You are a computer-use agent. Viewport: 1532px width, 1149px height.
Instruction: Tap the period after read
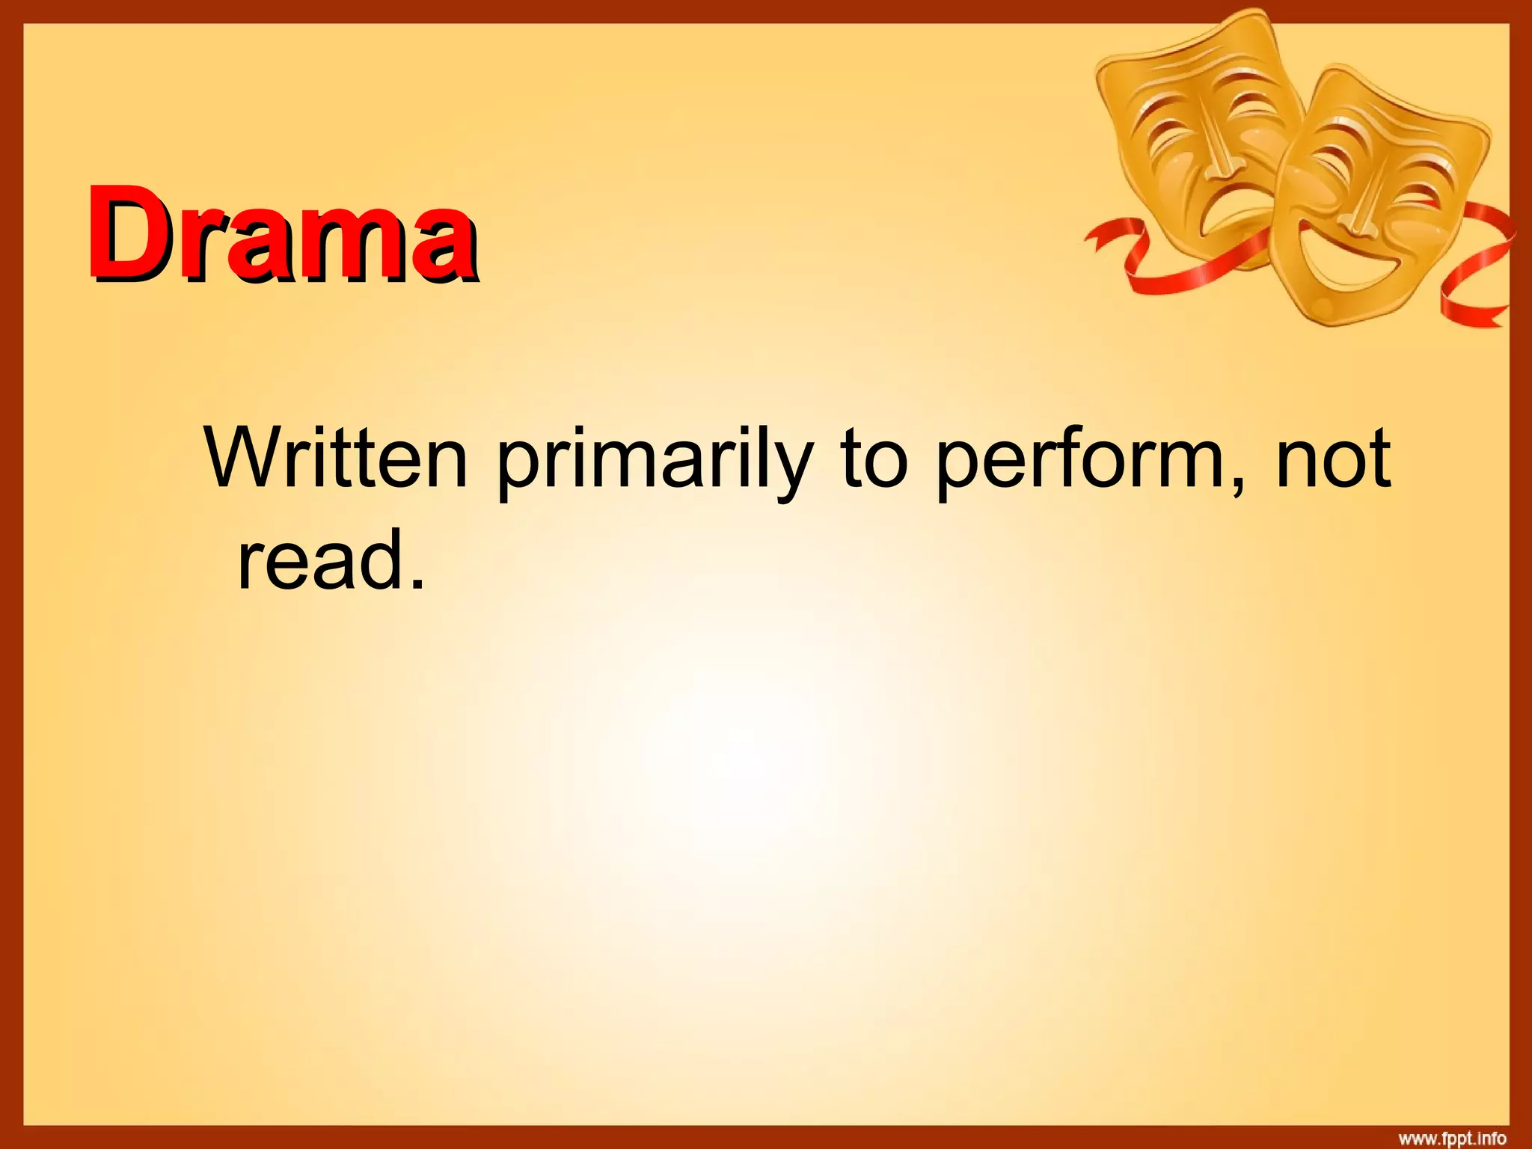(417, 583)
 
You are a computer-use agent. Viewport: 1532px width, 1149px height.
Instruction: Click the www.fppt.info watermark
(1452, 1139)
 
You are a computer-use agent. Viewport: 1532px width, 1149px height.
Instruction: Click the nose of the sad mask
(1220, 161)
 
